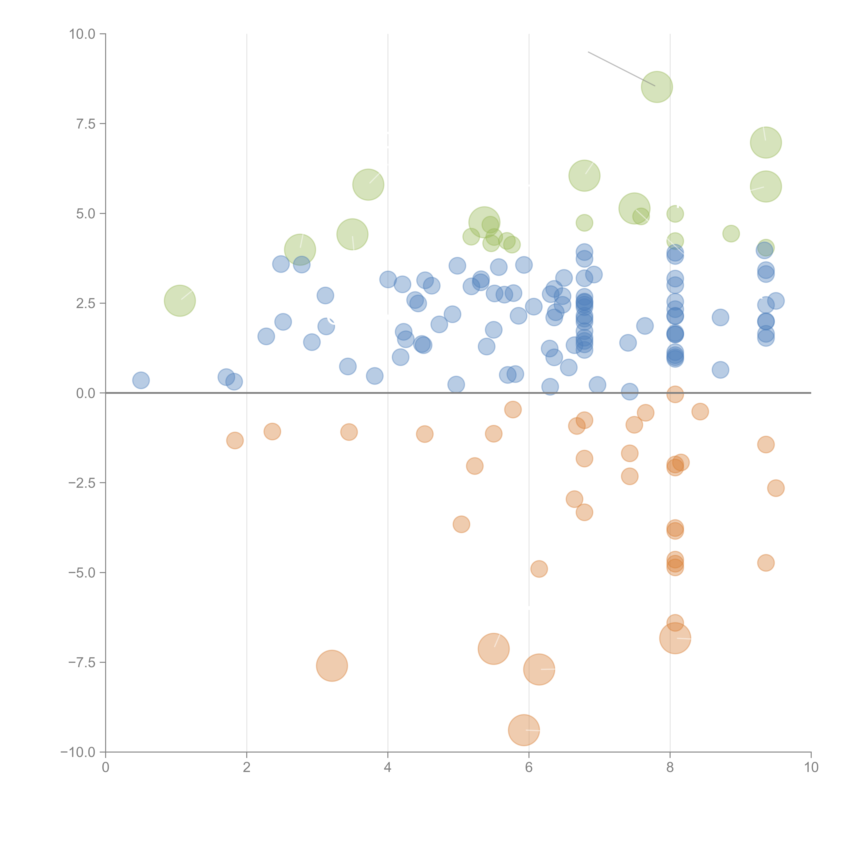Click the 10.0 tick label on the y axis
82,34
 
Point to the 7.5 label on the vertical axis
86,124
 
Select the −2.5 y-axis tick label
82,483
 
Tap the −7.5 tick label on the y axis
82,662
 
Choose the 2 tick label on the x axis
247,768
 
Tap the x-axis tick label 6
529,768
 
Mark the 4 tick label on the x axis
388,768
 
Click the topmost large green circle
657,87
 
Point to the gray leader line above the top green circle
621,69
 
